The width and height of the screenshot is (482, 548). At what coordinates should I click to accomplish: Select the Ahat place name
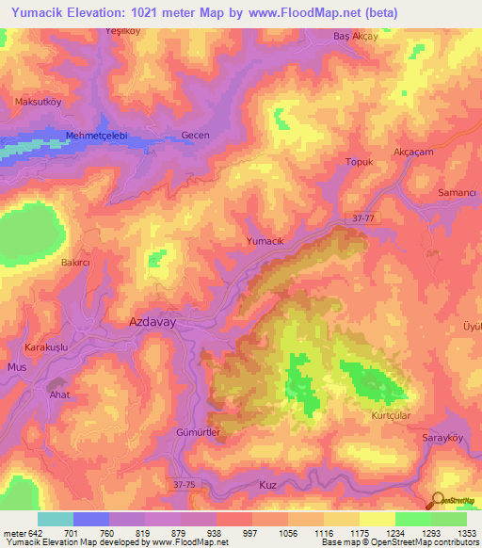(59, 395)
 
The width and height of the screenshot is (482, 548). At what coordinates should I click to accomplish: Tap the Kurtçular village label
(393, 414)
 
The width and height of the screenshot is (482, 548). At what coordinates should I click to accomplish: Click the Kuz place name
(268, 484)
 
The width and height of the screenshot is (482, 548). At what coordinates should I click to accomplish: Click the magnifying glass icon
(438, 501)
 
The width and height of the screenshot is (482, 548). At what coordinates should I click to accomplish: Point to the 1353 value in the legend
(467, 532)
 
